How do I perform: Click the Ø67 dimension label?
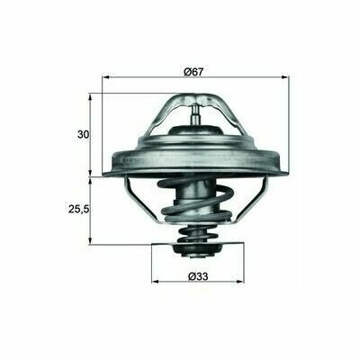pyautogui.click(x=193, y=72)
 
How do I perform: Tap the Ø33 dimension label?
pyautogui.click(x=198, y=276)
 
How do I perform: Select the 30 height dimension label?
pyautogui.click(x=84, y=135)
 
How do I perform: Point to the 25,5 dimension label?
pyautogui.click(x=79, y=209)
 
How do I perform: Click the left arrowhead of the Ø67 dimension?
pyautogui.click(x=105, y=77)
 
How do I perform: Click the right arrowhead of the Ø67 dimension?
pyautogui.click(x=286, y=77)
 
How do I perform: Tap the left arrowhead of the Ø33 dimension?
pyautogui.click(x=155, y=282)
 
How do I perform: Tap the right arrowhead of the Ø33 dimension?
pyautogui.click(x=240, y=282)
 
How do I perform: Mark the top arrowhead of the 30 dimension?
pyautogui.click(x=90, y=96)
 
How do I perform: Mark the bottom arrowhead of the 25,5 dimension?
pyautogui.click(x=90, y=241)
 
